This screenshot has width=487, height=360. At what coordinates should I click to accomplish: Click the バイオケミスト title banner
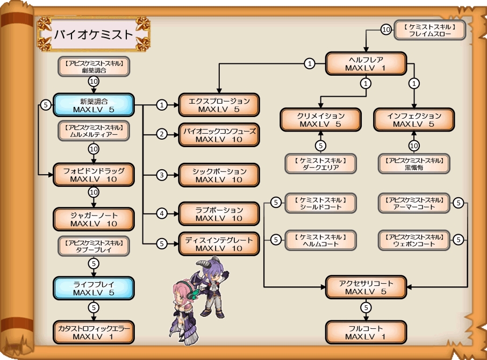[93, 34]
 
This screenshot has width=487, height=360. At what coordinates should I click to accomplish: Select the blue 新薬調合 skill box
[94, 105]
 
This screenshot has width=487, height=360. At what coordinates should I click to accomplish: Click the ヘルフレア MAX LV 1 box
[366, 64]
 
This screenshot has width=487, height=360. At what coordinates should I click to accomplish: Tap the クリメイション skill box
[320, 120]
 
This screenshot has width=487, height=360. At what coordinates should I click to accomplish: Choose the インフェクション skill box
[414, 120]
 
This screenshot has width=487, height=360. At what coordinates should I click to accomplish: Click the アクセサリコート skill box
[366, 287]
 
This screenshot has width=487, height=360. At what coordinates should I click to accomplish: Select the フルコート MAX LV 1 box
[366, 333]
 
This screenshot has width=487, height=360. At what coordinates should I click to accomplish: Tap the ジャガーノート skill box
[94, 219]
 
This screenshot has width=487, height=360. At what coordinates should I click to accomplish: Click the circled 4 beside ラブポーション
[162, 214]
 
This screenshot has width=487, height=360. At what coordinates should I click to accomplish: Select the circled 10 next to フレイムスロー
[385, 30]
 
